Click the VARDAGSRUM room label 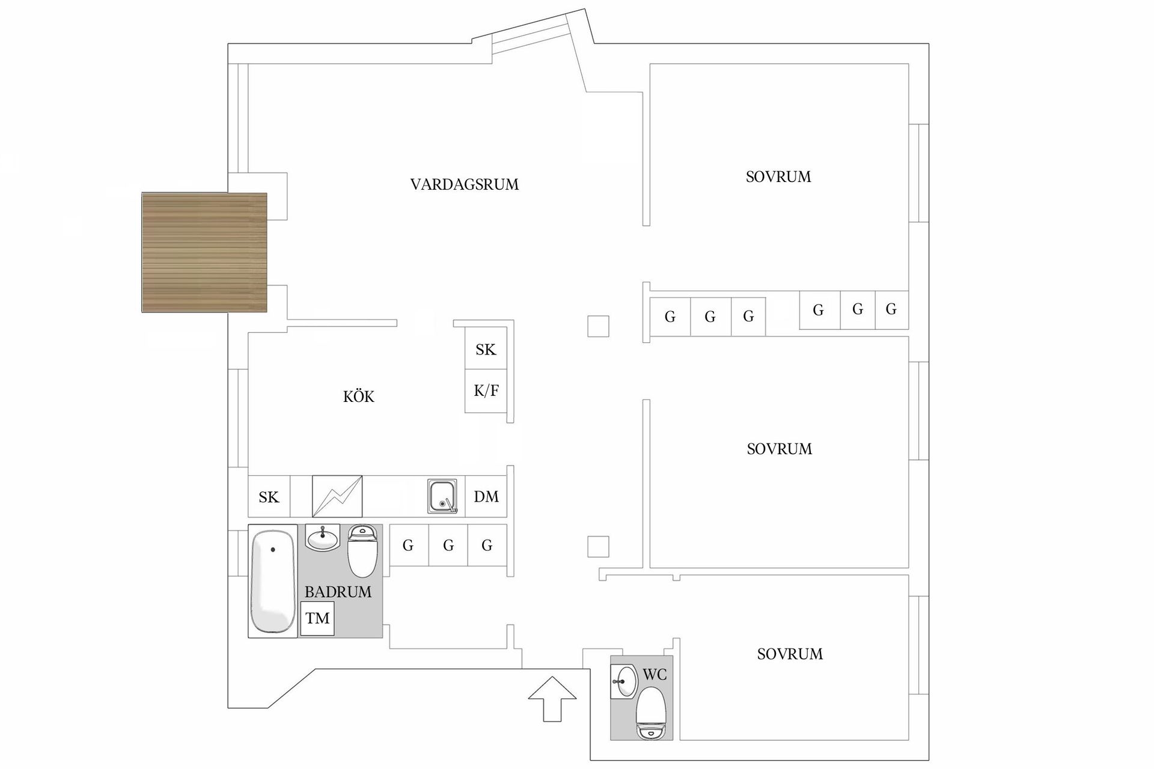pos(464,184)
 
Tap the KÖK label pos(359,397)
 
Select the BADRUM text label pos(338,592)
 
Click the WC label pos(655,675)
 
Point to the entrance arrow pos(552,699)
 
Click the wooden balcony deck pos(204,252)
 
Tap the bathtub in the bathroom pos(273,582)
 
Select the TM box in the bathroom pos(317,618)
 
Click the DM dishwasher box pos(486,496)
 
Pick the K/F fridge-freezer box pos(486,391)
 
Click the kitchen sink pos(442,496)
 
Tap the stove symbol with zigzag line pos(337,496)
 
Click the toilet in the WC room pos(651,713)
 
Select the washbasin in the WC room pos(623,682)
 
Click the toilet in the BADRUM pos(362,550)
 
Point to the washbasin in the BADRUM pos(323,538)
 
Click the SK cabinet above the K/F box pos(486,349)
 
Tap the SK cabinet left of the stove pos(269,496)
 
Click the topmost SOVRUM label pos(778,177)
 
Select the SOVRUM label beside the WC pos(790,654)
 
